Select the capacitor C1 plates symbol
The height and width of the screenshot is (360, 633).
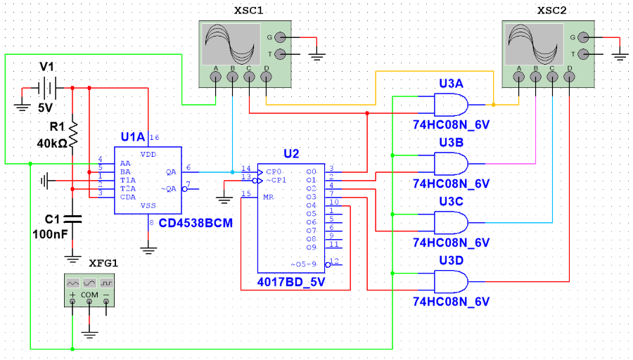pos(72,219)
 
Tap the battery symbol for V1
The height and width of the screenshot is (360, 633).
pos(48,88)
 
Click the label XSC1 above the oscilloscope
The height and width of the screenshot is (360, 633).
pos(249,11)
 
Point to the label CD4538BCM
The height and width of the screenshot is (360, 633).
pos(196,223)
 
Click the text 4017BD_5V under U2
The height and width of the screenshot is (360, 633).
pos(291,282)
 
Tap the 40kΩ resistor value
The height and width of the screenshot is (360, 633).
pos(51,143)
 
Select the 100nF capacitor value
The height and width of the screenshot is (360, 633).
pos(50,234)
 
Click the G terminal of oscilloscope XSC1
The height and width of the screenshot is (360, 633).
pos(280,37)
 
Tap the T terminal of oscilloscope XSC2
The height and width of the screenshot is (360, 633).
pos(583,53)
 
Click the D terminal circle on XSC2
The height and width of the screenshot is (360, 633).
pos(569,77)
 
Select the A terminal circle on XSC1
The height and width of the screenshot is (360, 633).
pos(216,77)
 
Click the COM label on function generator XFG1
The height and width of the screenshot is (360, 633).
pos(89,295)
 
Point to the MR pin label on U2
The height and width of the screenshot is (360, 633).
pos(269,198)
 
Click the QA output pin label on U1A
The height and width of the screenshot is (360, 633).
pos(171,172)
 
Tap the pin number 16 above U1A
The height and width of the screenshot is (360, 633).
pos(155,138)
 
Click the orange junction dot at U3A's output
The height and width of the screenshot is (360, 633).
pos(493,105)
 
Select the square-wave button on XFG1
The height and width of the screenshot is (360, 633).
pos(106,283)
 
